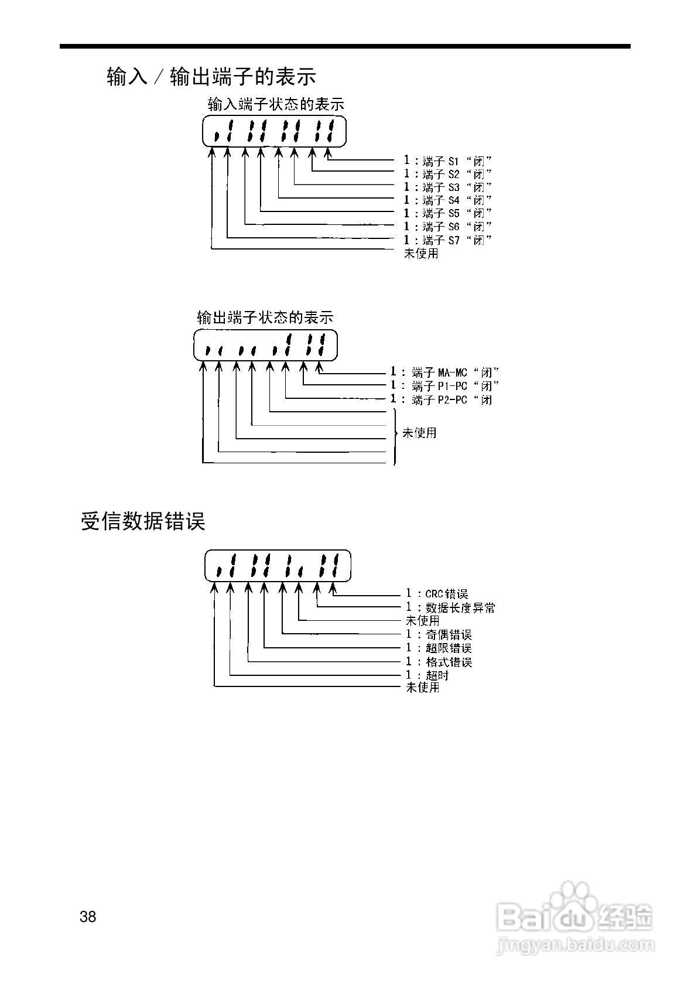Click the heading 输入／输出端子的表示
point(211,76)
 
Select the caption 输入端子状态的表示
point(276,105)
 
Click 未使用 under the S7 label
point(421,254)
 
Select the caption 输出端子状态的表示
point(265,317)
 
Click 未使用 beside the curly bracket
point(419,433)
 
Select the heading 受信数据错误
point(143,521)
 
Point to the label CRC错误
point(447,594)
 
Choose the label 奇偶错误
point(449,635)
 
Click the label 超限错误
point(449,648)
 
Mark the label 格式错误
point(449,662)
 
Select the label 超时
point(437,675)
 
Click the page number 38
point(88,917)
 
